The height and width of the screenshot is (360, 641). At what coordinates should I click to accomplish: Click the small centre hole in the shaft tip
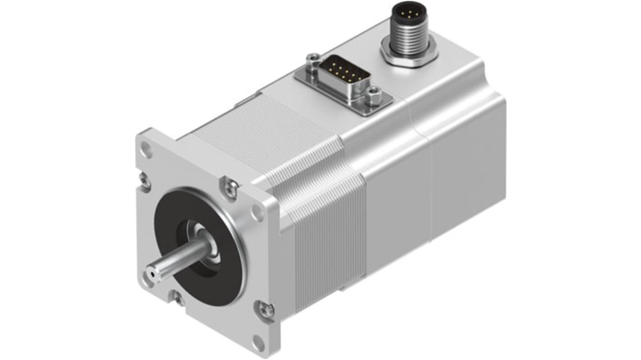tap(150, 273)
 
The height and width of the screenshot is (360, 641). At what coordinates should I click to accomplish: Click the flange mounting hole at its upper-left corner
tap(146, 148)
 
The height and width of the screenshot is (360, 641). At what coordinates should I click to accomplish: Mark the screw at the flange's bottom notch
tap(179, 298)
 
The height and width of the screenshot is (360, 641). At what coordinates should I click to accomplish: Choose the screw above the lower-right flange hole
tap(265, 309)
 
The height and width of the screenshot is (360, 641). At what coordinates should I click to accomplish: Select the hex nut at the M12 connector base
tap(409, 54)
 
